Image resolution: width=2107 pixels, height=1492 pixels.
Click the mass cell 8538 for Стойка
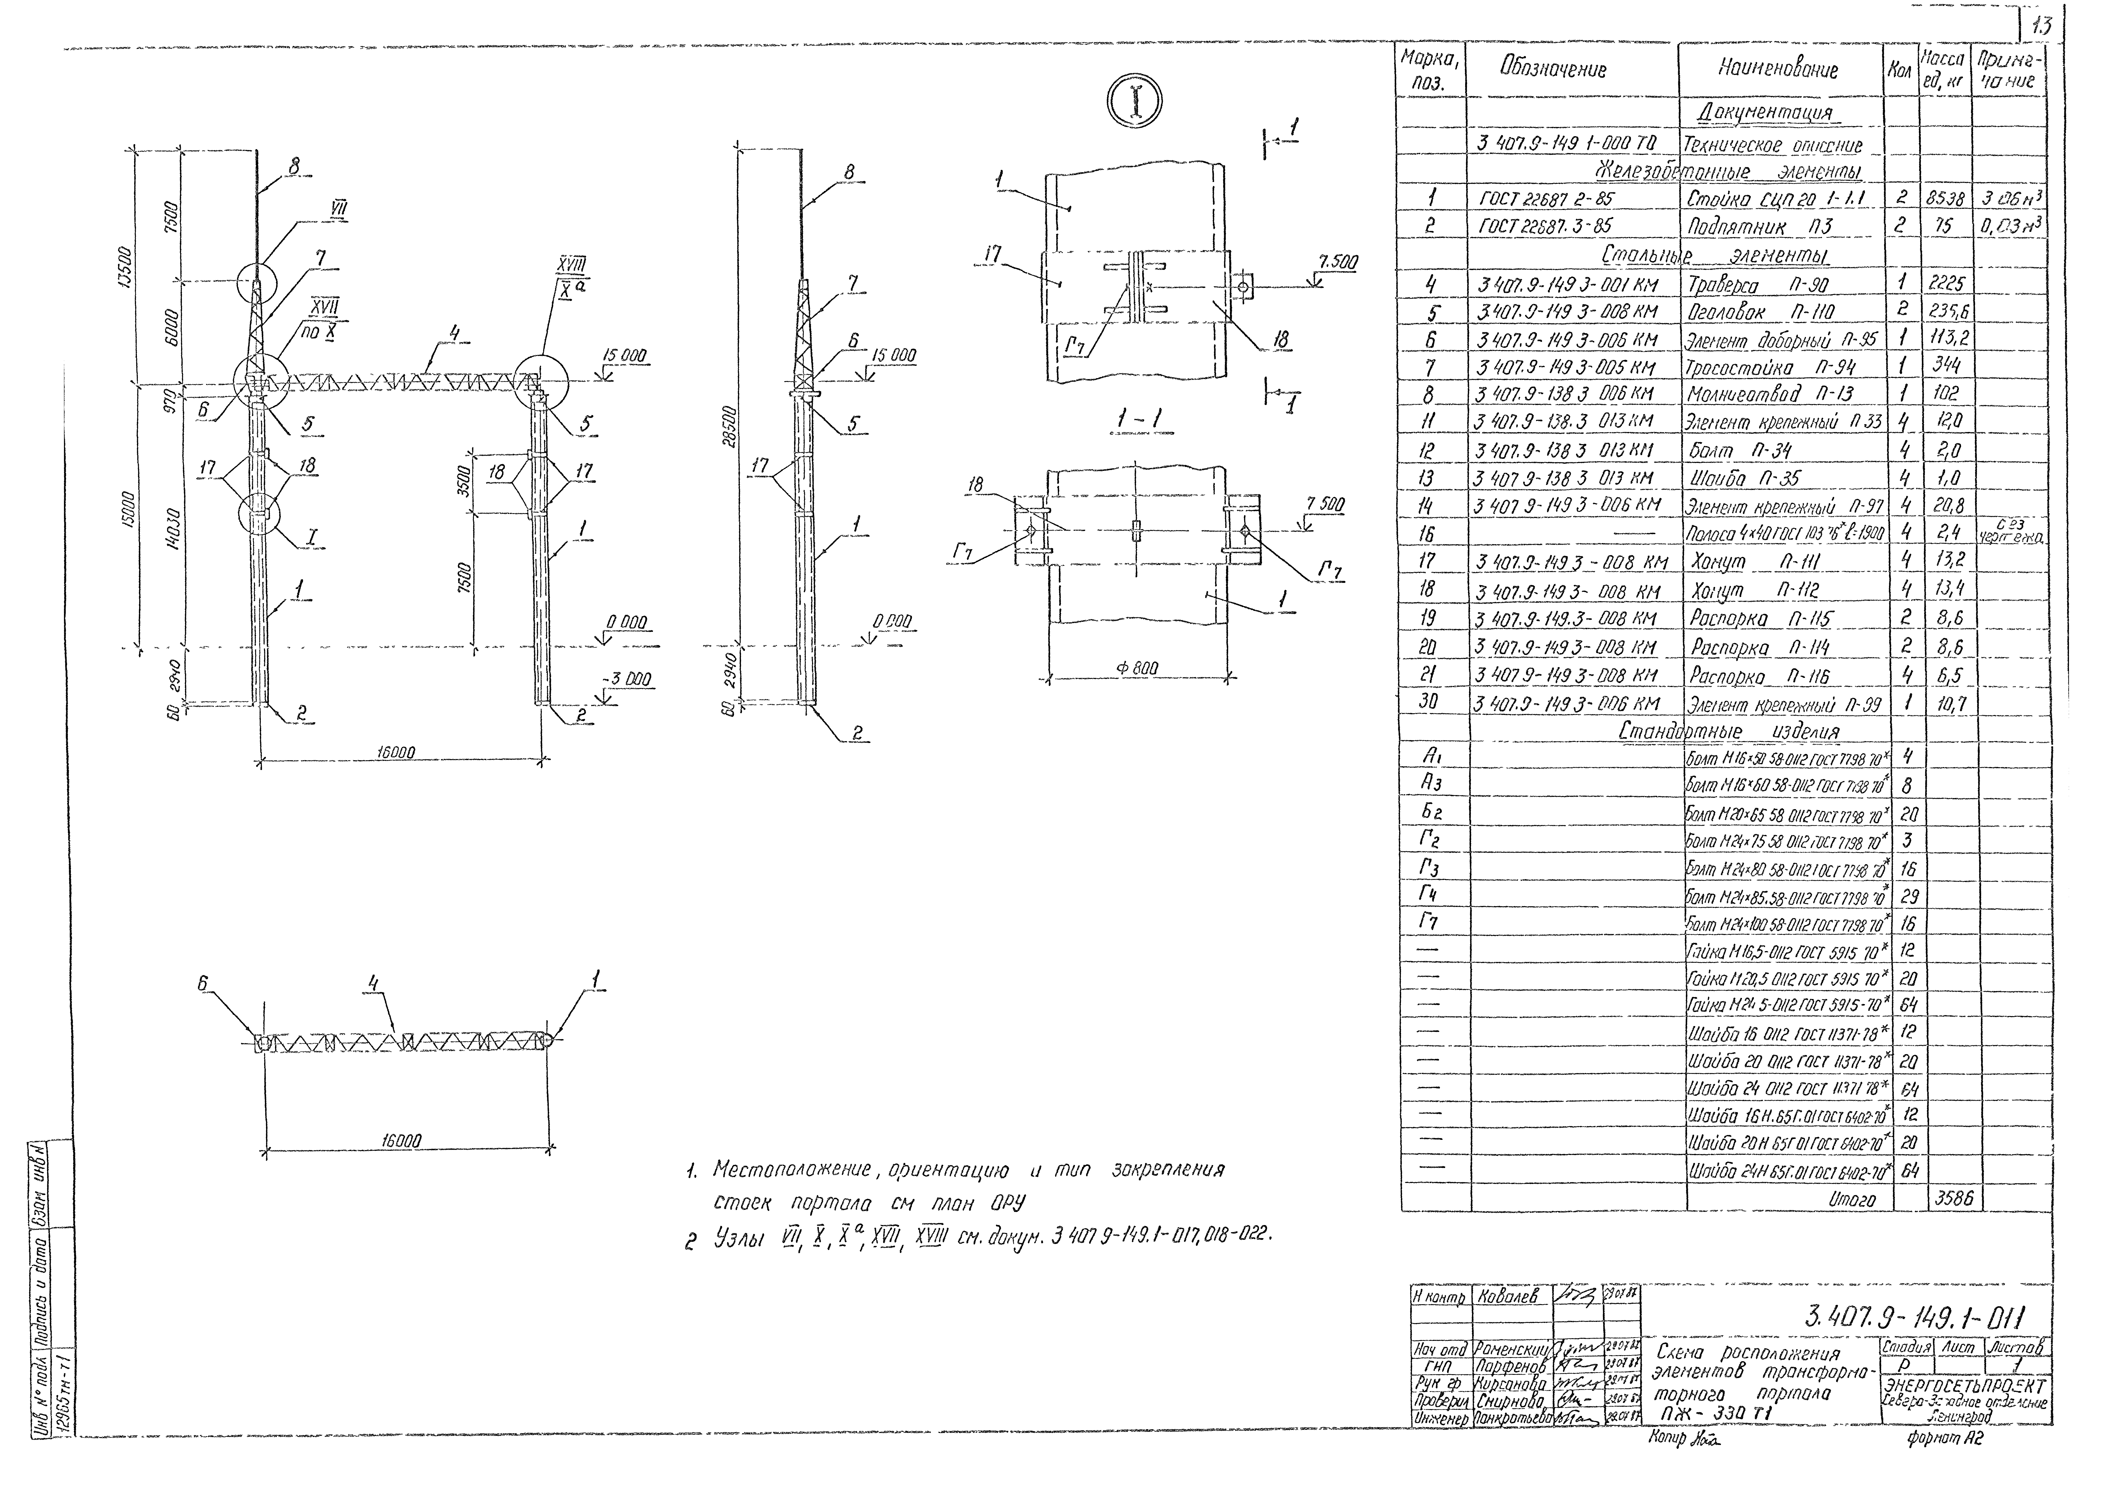[1945, 197]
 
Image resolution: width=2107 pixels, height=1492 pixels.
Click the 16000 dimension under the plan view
[401, 1141]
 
